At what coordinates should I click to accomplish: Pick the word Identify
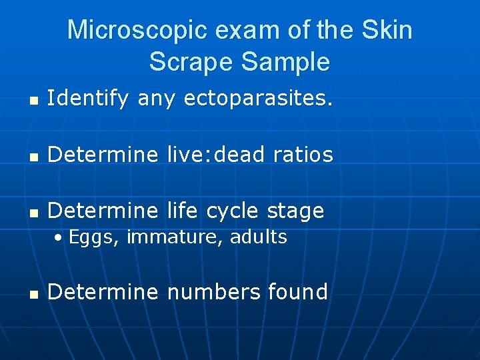89,99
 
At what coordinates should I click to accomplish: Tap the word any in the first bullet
157,100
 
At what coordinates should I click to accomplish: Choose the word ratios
303,155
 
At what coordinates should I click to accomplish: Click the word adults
259,237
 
